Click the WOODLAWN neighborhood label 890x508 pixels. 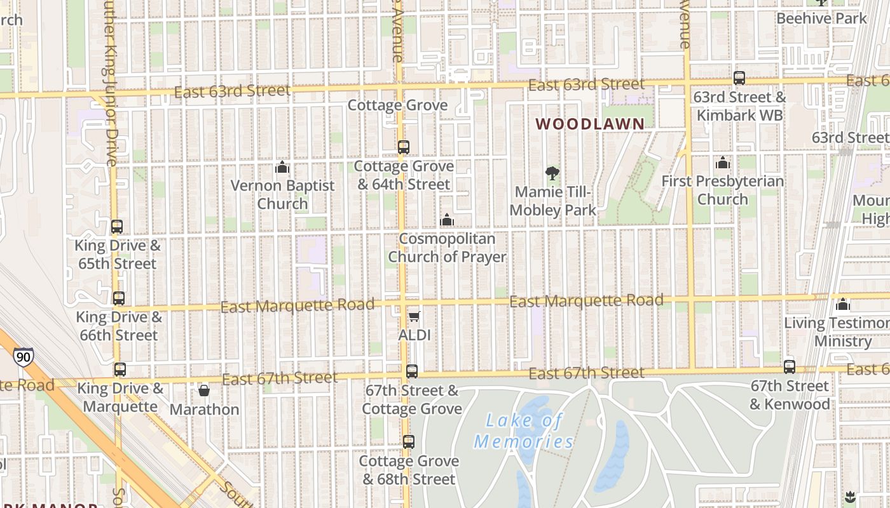point(590,124)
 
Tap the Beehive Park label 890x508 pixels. point(821,18)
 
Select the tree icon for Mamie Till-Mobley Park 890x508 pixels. point(552,173)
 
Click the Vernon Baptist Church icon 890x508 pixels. point(282,167)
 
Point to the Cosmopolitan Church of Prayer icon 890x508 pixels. point(447,220)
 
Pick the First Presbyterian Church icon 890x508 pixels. point(723,163)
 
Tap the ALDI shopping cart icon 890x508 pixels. point(414,316)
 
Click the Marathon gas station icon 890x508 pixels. point(204,390)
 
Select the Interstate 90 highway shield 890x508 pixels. point(24,357)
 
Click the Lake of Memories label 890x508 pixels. point(524,430)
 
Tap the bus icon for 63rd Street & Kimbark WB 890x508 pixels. point(739,78)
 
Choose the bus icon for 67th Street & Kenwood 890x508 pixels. point(790,366)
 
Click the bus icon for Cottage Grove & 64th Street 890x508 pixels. point(404,147)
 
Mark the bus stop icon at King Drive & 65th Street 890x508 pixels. point(117,227)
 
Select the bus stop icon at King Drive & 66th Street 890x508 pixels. point(119,298)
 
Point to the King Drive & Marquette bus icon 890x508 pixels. point(120,369)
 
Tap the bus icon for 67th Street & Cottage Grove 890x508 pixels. point(412,371)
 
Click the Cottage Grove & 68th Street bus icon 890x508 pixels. point(409,441)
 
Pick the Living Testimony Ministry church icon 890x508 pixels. point(843,304)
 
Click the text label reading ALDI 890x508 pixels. point(414,335)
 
